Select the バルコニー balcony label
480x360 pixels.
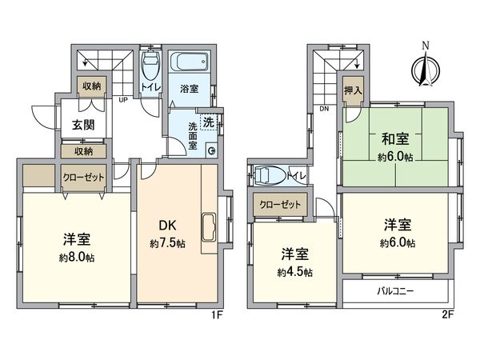pyautogui.click(x=395, y=291)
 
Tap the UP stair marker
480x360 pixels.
pyautogui.click(x=124, y=101)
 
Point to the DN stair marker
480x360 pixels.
pyautogui.click(x=325, y=109)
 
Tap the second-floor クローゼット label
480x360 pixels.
pyautogui.click(x=279, y=205)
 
